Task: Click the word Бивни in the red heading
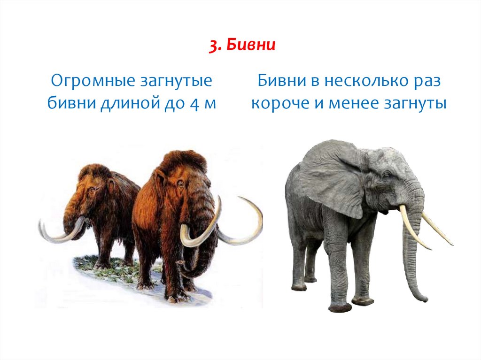click(x=251, y=45)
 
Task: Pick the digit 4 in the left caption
click(x=195, y=104)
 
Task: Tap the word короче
click(x=280, y=104)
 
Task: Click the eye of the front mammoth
click(x=181, y=184)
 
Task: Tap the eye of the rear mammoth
click(x=92, y=190)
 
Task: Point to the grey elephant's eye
click(x=386, y=176)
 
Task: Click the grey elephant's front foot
click(x=340, y=307)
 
